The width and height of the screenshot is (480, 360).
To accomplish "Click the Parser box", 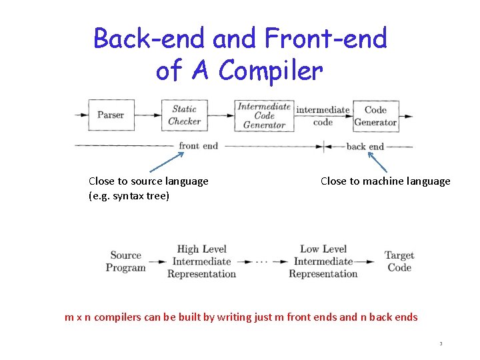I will click(x=111, y=115).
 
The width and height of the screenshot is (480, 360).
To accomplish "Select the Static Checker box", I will click(x=184, y=115).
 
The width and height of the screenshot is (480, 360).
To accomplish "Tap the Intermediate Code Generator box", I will click(x=264, y=115).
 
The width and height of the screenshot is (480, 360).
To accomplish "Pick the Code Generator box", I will click(x=375, y=115).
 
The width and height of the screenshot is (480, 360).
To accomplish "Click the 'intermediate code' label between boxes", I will click(x=323, y=115).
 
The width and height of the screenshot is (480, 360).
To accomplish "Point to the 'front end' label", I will click(x=198, y=146).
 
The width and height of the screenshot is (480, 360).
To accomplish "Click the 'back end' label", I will click(x=365, y=147).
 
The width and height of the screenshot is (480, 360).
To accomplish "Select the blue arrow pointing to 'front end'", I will click(x=166, y=162).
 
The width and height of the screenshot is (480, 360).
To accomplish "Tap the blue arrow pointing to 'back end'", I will click(x=377, y=162).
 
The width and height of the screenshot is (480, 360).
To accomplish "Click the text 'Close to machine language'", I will click(x=385, y=181).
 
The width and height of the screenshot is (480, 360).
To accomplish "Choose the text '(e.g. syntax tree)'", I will click(x=129, y=196).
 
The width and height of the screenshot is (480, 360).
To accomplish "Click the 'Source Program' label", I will click(x=125, y=261).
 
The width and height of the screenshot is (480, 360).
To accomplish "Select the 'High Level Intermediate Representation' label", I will click(x=201, y=261).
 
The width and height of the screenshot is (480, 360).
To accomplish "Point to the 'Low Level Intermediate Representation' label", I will click(x=323, y=261).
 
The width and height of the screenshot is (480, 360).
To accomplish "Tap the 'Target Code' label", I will click(x=399, y=261).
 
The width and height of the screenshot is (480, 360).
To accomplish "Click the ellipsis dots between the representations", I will click(x=262, y=262).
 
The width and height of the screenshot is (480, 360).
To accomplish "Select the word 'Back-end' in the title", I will click(x=149, y=39).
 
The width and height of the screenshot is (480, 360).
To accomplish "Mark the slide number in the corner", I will click(x=441, y=344).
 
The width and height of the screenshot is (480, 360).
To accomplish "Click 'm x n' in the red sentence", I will click(x=78, y=317).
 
